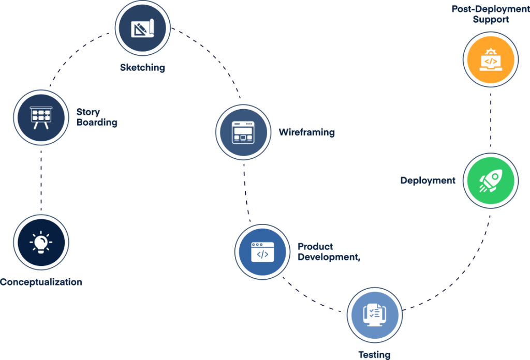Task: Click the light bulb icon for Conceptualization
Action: (41, 242)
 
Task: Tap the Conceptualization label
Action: (41, 282)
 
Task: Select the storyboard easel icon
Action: (40, 116)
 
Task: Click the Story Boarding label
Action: (96, 117)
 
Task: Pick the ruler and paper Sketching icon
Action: (142, 29)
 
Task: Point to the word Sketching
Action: (142, 67)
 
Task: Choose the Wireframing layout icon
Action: (243, 132)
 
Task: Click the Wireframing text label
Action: (306, 132)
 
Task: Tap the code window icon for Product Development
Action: (262, 253)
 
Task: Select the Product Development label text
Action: (328, 252)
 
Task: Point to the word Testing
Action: (374, 355)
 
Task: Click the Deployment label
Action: (428, 181)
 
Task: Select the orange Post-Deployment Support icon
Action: (490, 60)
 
